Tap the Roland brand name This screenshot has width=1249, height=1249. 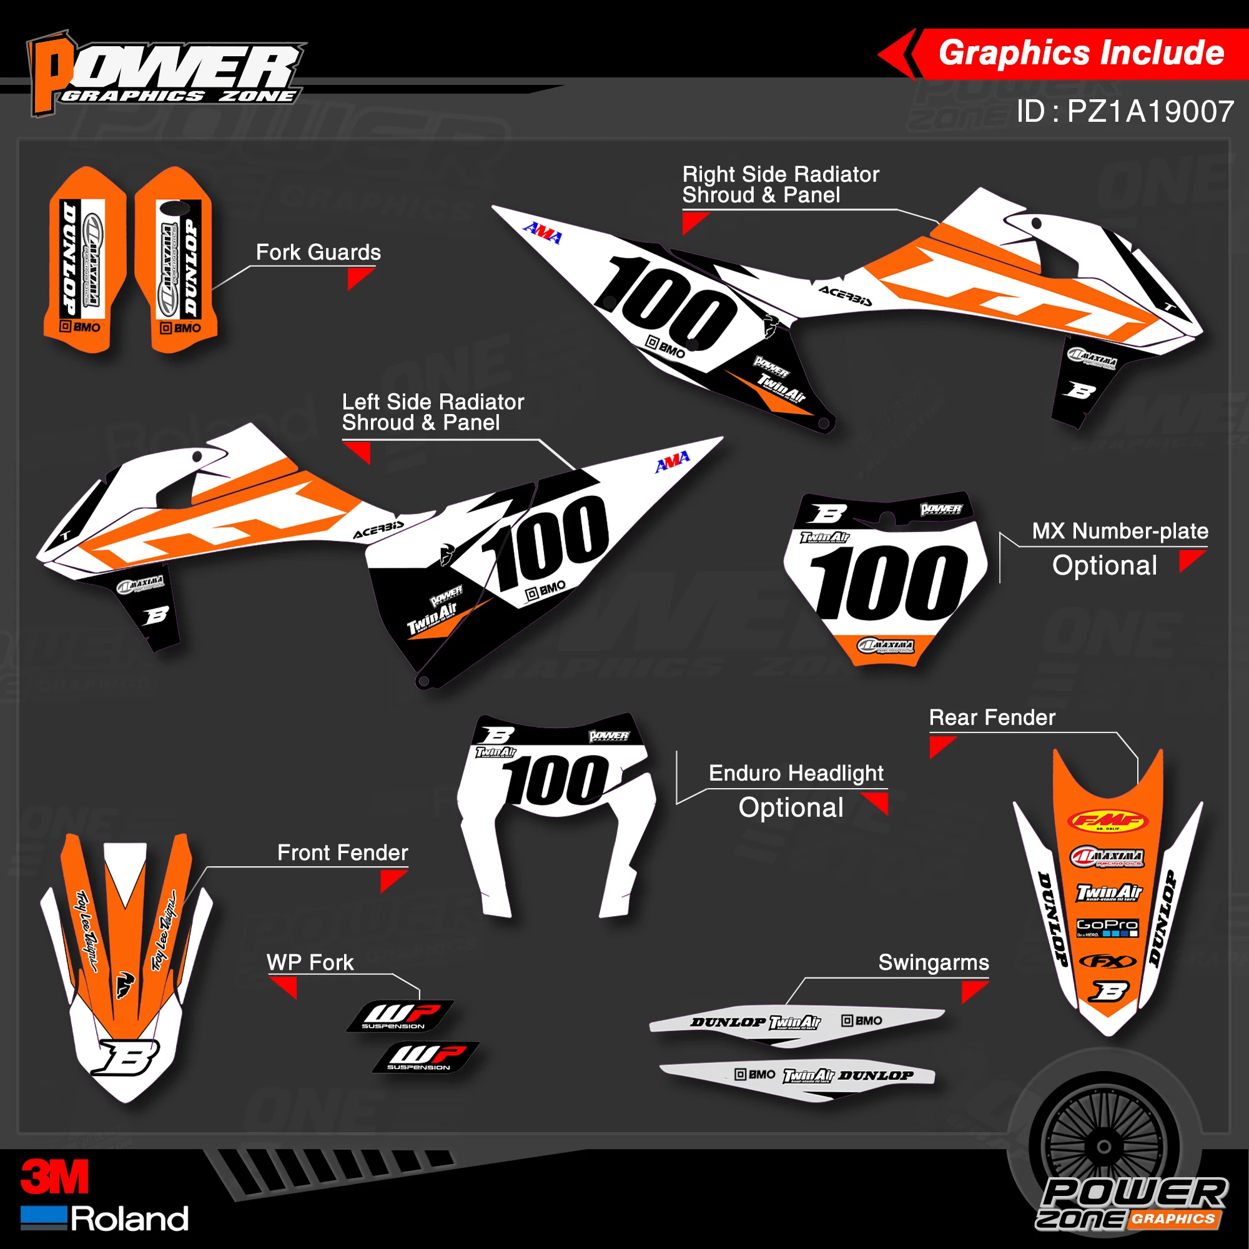(x=129, y=1219)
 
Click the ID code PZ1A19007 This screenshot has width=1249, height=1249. (x=1125, y=111)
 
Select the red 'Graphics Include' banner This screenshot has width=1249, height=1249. (x=1080, y=53)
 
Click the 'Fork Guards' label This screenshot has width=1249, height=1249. (x=318, y=252)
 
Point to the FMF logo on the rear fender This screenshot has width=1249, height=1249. (x=1107, y=821)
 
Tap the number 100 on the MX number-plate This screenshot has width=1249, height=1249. (x=888, y=582)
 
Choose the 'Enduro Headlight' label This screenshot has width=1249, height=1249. (x=796, y=773)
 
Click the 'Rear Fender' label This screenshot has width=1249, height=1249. (x=992, y=718)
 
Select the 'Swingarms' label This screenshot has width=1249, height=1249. (x=934, y=962)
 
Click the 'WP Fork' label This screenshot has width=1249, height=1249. (x=310, y=962)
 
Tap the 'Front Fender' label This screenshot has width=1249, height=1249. (x=343, y=853)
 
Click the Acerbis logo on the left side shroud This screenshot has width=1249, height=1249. (x=378, y=530)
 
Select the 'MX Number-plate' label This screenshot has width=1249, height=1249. (x=1120, y=531)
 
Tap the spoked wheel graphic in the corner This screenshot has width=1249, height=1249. (x=1104, y=1147)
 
